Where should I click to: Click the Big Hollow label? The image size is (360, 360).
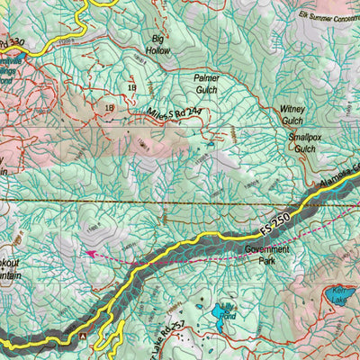pyautogui.click(x=159, y=46)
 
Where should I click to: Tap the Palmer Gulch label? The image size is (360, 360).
pyautogui.click(x=206, y=84)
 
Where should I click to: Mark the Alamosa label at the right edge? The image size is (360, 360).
pyautogui.click(x=339, y=181)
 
